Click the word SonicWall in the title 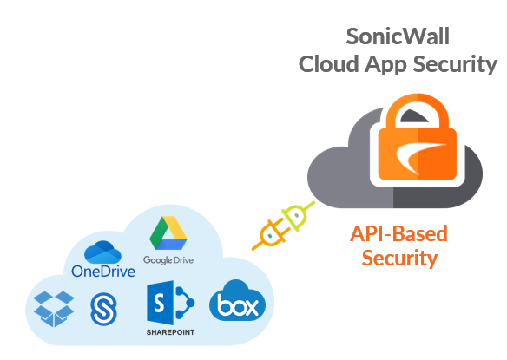click(398, 36)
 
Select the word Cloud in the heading click(328, 63)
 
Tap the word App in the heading click(385, 65)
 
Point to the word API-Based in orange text click(398, 233)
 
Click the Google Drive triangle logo click(168, 233)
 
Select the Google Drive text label click(168, 260)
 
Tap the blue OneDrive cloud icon click(102, 252)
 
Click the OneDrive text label click(103, 272)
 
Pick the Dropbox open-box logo click(54, 309)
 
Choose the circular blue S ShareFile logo click(104, 309)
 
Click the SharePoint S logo click(170, 303)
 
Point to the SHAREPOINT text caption click(170, 332)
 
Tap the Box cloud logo click(237, 300)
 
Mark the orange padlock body click(417, 154)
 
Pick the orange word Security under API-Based click(399, 259)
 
